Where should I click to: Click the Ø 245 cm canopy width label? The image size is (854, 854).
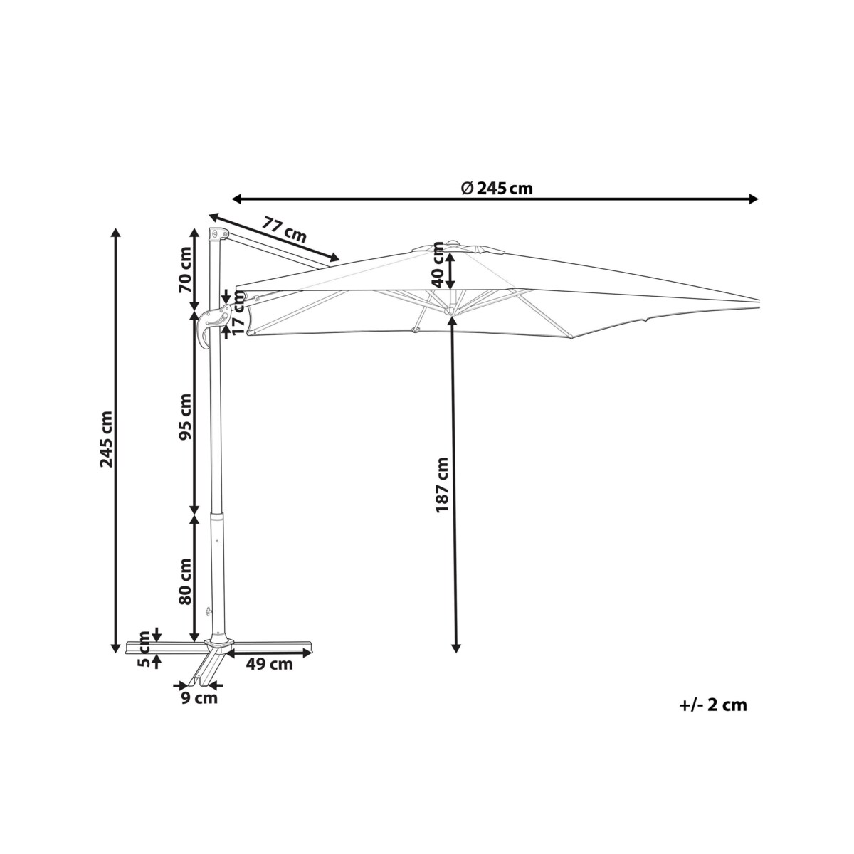pos(496,189)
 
